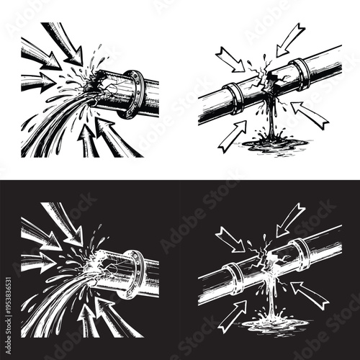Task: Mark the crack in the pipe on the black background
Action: (x=270, y=256)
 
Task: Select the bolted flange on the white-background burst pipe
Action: (x=134, y=93)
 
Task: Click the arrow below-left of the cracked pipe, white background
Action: (x=232, y=136)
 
